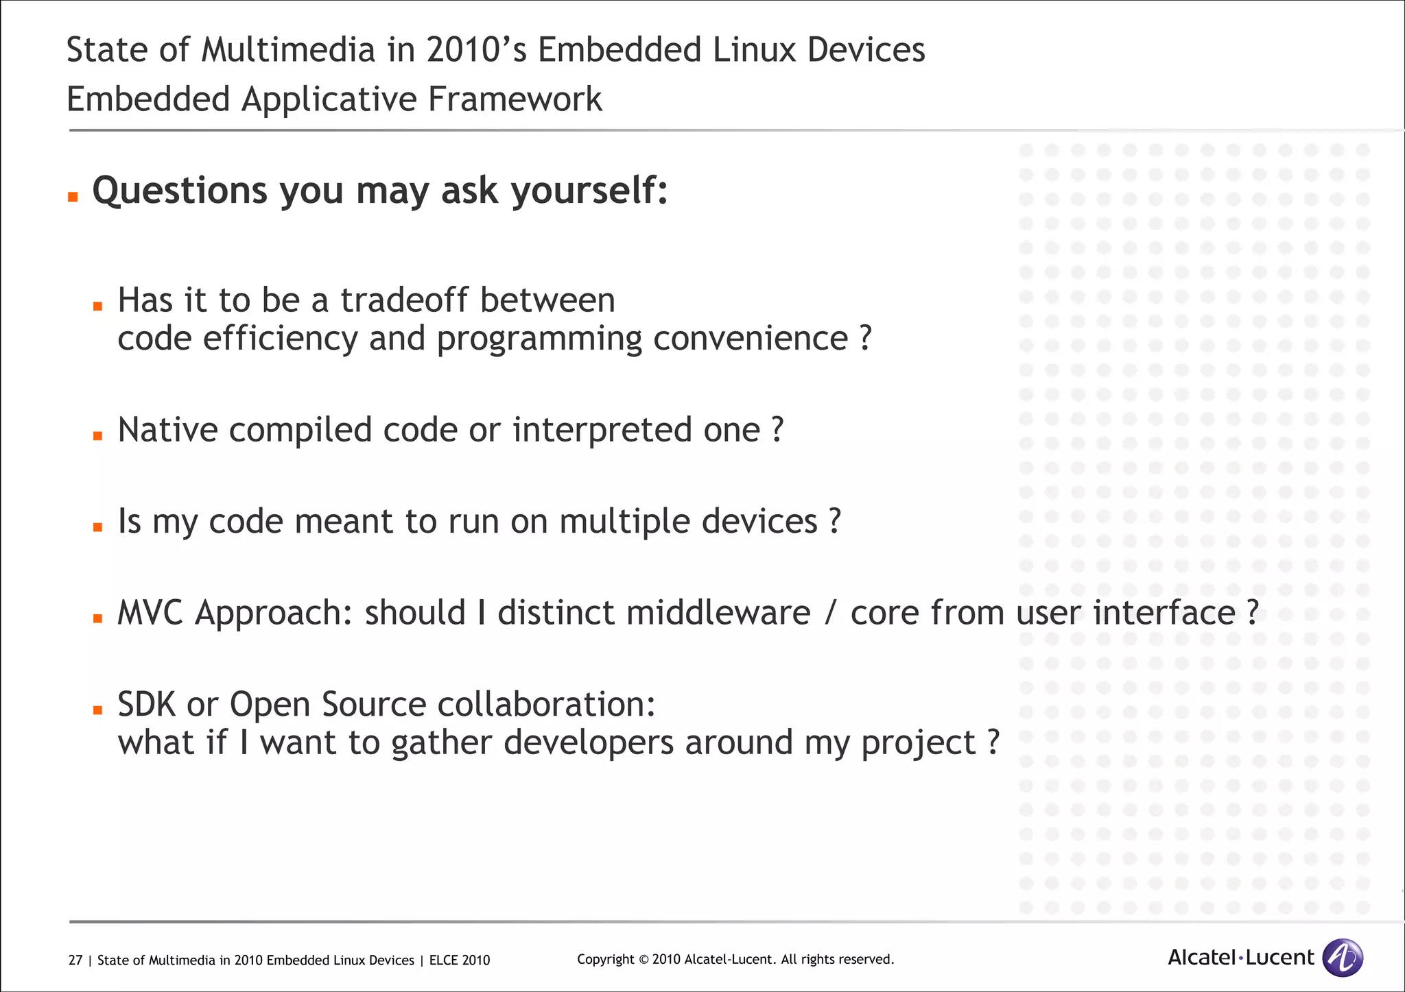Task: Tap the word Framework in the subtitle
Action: pos(515,99)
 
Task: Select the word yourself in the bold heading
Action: pos(589,191)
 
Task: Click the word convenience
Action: pos(751,338)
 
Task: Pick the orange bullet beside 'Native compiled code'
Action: pos(98,435)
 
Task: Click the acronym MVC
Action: pos(150,612)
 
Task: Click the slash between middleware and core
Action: pos(830,613)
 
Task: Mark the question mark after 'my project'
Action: pos(993,742)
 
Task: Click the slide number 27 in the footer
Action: pos(75,960)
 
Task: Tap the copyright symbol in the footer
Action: pos(643,960)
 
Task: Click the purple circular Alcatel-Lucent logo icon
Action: pos(1342,958)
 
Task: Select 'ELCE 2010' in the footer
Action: pos(460,960)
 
